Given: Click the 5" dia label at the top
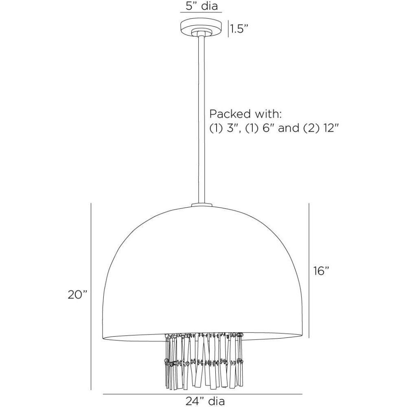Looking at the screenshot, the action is [x=202, y=6].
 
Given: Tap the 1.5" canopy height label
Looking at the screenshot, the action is [x=238, y=29].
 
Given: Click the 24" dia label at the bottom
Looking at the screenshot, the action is [x=205, y=401].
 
